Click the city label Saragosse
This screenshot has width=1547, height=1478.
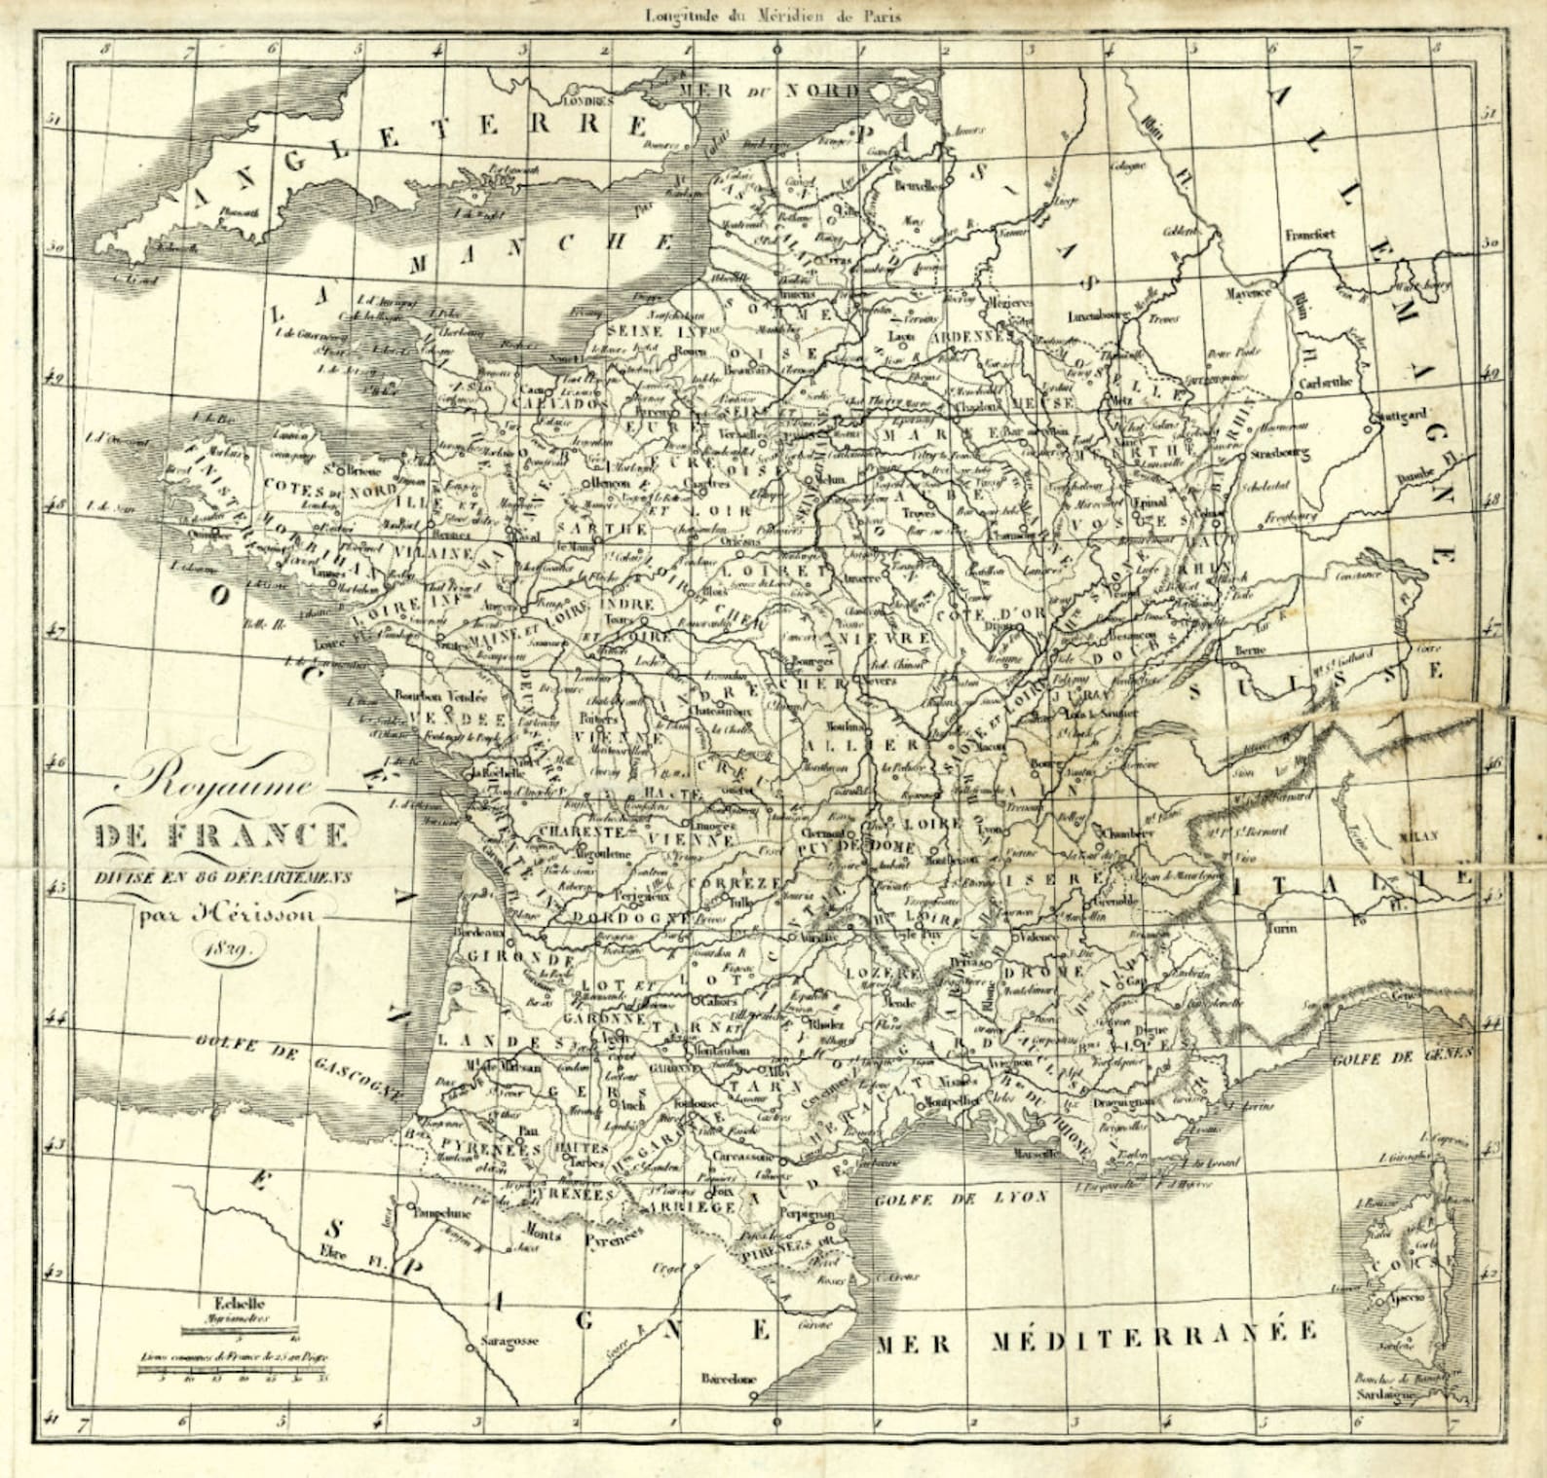tap(509, 1341)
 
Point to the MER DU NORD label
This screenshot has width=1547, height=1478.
tap(770, 90)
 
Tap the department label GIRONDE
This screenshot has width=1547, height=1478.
tap(508, 958)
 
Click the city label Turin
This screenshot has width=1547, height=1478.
tap(1282, 928)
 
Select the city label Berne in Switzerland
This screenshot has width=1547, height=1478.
tap(1251, 649)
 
